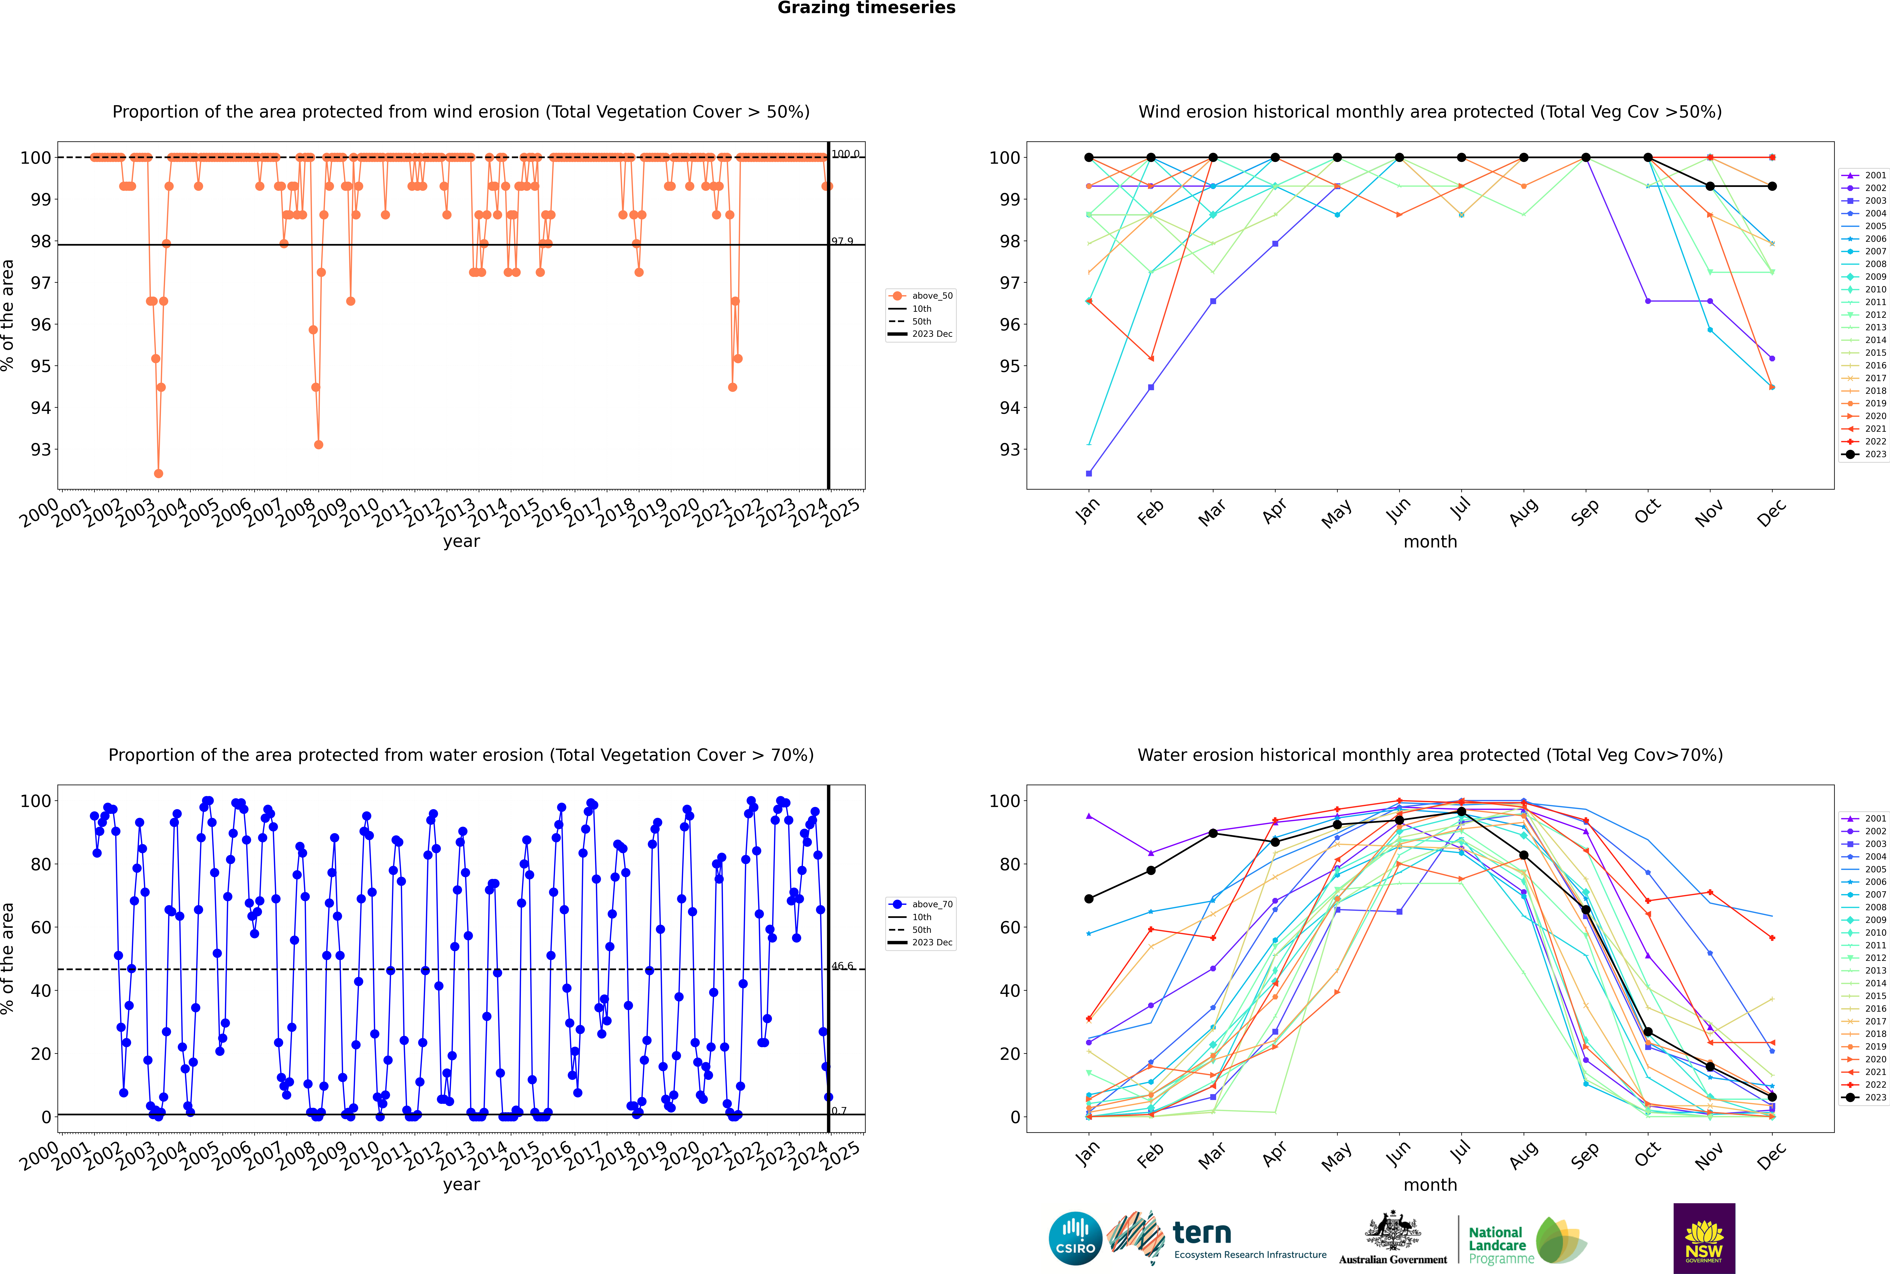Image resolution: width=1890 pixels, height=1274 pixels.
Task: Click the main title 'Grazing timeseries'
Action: (866, 8)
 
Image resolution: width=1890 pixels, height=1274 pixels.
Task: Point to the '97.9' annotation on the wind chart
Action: (842, 241)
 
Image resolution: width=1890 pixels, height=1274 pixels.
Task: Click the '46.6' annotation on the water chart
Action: (842, 966)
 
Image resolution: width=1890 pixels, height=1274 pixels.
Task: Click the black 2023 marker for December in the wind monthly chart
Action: (1772, 186)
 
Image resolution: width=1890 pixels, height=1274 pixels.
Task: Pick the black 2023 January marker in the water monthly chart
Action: (1089, 899)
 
